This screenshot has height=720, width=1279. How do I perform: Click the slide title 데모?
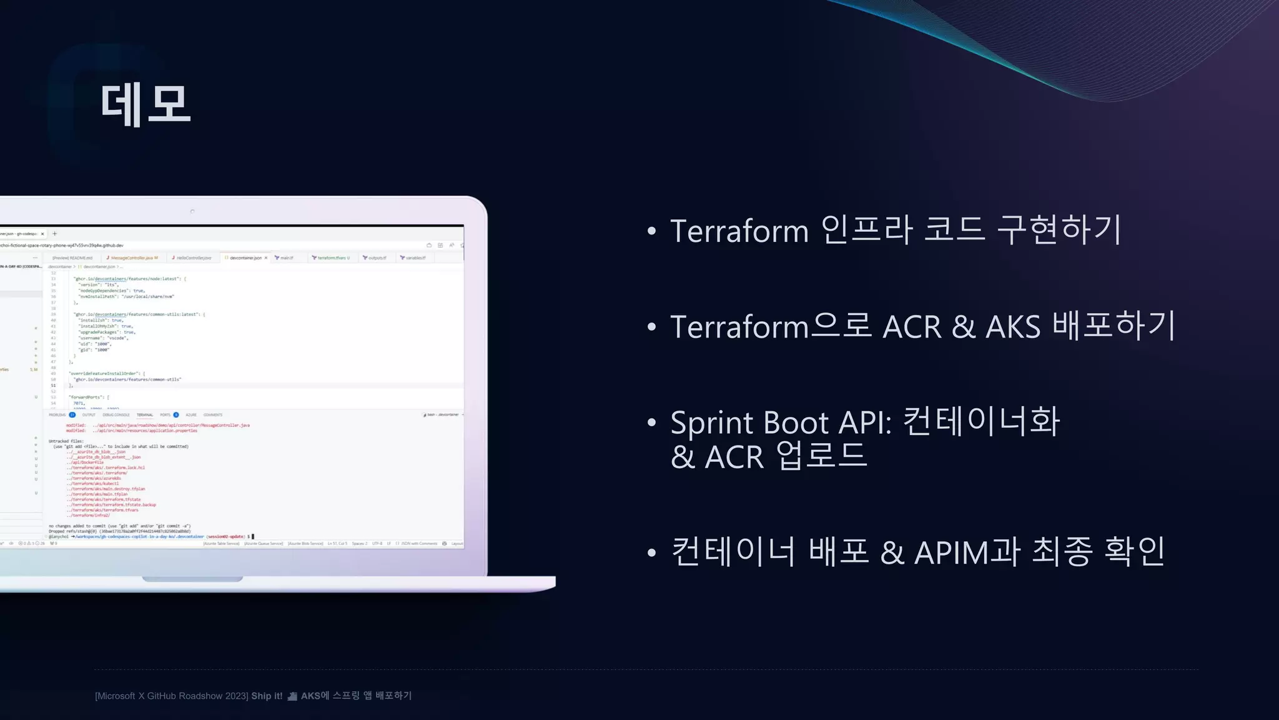[146, 104]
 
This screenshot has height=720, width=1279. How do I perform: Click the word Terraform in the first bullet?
[739, 231]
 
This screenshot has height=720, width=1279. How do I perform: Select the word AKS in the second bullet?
[1013, 327]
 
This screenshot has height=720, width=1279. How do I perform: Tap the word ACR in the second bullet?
[911, 327]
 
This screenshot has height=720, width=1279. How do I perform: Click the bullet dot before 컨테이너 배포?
[652, 552]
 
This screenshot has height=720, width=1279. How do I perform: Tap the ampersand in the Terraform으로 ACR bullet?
[964, 327]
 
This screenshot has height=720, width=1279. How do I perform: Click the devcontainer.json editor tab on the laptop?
[245, 257]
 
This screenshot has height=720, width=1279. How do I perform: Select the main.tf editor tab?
[286, 257]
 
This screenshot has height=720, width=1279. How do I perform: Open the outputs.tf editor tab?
[377, 257]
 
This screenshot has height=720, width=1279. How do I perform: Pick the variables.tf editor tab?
[415, 257]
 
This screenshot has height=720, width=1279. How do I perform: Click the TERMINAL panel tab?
[145, 415]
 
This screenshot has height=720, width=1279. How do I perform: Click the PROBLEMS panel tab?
[57, 415]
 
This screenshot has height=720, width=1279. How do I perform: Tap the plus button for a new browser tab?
[55, 234]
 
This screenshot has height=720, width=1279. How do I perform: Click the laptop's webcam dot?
[192, 211]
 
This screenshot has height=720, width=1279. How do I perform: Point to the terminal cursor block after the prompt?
[253, 536]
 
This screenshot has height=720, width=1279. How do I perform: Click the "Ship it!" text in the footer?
[267, 696]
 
